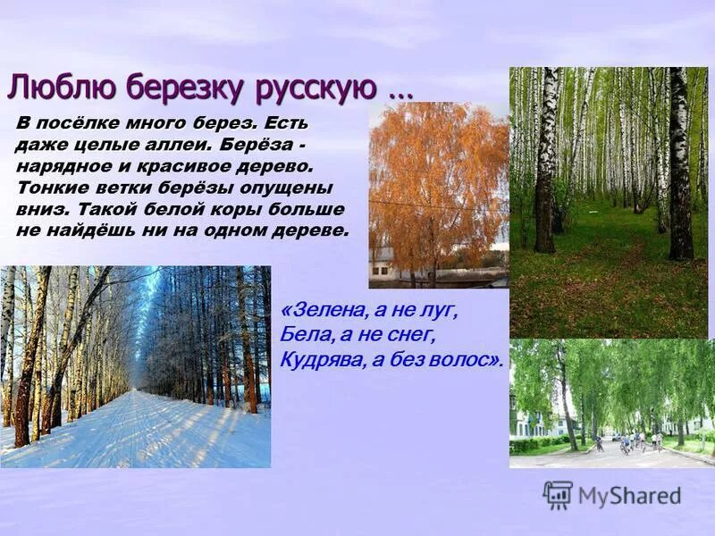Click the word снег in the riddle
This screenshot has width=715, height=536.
[x=412, y=334]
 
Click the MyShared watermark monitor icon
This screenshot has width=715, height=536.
[x=558, y=494]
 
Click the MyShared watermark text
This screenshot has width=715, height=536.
[x=629, y=495]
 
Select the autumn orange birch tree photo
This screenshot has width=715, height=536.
[x=438, y=179]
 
